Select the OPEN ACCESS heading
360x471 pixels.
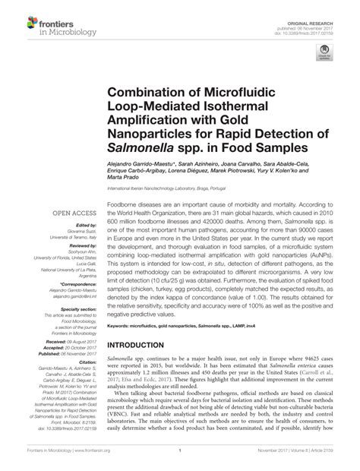click(x=74, y=214)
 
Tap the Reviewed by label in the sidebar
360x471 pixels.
click(x=84, y=247)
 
